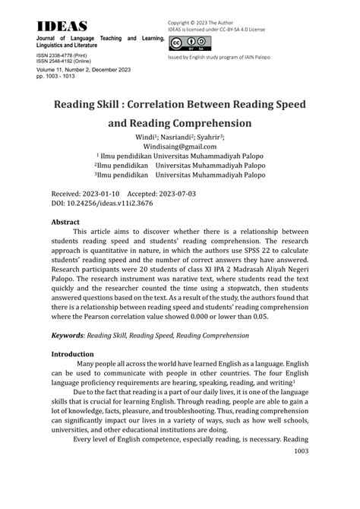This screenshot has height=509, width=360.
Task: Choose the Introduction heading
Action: [x=72, y=353]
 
